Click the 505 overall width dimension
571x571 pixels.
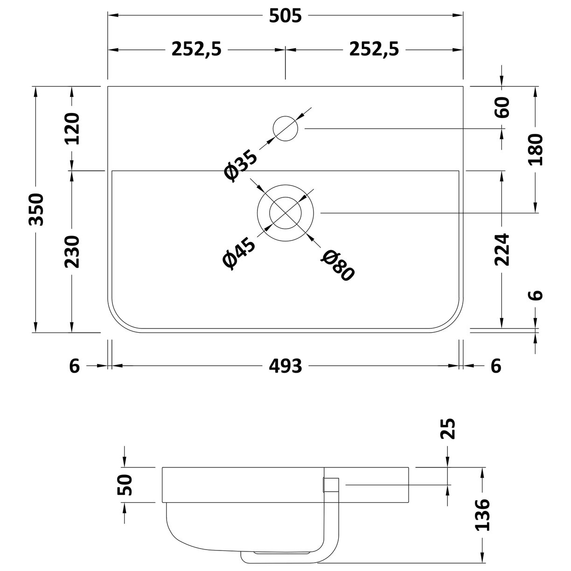[x=285, y=16]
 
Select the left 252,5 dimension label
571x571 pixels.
[x=196, y=49]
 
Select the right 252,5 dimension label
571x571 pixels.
[x=374, y=49]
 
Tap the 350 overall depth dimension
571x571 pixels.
[x=36, y=209]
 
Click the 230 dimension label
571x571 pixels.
[x=72, y=251]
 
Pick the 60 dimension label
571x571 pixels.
[x=503, y=108]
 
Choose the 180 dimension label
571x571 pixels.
[x=536, y=150]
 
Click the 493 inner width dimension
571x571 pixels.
[x=285, y=366]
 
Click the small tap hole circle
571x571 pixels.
[x=285, y=129]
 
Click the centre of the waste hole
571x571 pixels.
[x=285, y=213]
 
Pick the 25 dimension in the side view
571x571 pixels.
[x=447, y=429]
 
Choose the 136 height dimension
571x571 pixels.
[x=482, y=515]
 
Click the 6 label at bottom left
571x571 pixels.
[x=75, y=366]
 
